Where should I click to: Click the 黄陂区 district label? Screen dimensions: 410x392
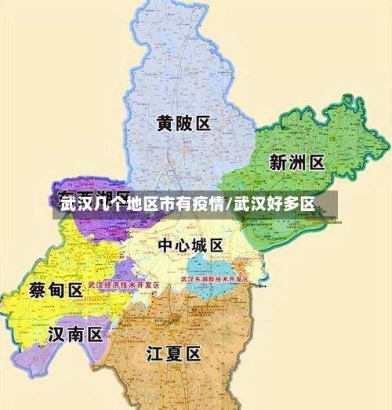pyautogui.click(x=183, y=124)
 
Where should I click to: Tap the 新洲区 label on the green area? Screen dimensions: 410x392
pyautogui.click(x=296, y=162)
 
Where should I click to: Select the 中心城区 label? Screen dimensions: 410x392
pyautogui.click(x=191, y=245)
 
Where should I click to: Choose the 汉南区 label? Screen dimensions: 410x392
pyautogui.click(x=74, y=336)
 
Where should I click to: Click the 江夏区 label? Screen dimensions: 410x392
pyautogui.click(x=174, y=354)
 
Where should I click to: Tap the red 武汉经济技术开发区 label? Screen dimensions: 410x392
pyautogui.click(x=123, y=285)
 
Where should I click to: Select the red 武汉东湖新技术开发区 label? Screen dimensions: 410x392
pyautogui.click(x=214, y=278)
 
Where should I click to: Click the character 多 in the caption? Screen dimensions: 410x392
pyautogui.click(x=287, y=205)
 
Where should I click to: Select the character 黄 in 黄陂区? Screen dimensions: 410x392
pyautogui.click(x=165, y=124)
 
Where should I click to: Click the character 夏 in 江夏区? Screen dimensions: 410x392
pyautogui.click(x=174, y=354)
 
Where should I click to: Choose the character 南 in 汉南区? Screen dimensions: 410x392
pyautogui.click(x=74, y=336)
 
